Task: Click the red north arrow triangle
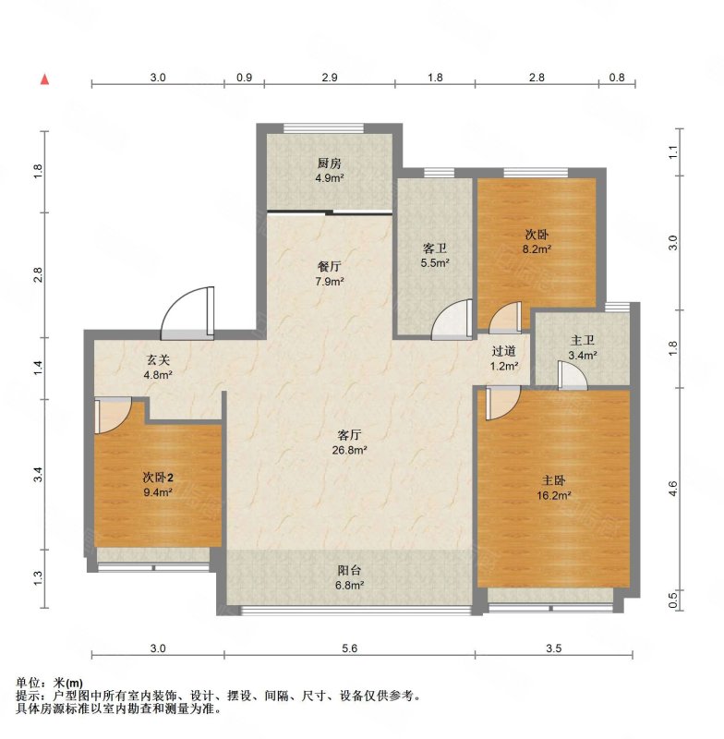[x=44, y=79]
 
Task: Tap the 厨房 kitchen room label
[x=329, y=164]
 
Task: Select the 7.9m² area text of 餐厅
[x=330, y=282]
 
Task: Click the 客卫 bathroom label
[x=434, y=248]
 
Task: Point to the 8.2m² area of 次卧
[x=537, y=249]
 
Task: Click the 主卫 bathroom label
[x=583, y=340]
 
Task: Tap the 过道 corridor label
[x=504, y=351]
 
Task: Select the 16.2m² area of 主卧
[x=554, y=495]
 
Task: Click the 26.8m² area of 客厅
[x=349, y=450]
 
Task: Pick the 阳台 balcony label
[x=349, y=570]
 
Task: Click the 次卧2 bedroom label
[x=158, y=478]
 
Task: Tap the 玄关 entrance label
[x=158, y=360]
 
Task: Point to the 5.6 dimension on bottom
[x=349, y=648]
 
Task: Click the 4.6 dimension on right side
[x=672, y=489]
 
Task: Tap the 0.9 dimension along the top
[x=244, y=78]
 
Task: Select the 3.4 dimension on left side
[x=38, y=474]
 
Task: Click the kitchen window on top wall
[x=324, y=127]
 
